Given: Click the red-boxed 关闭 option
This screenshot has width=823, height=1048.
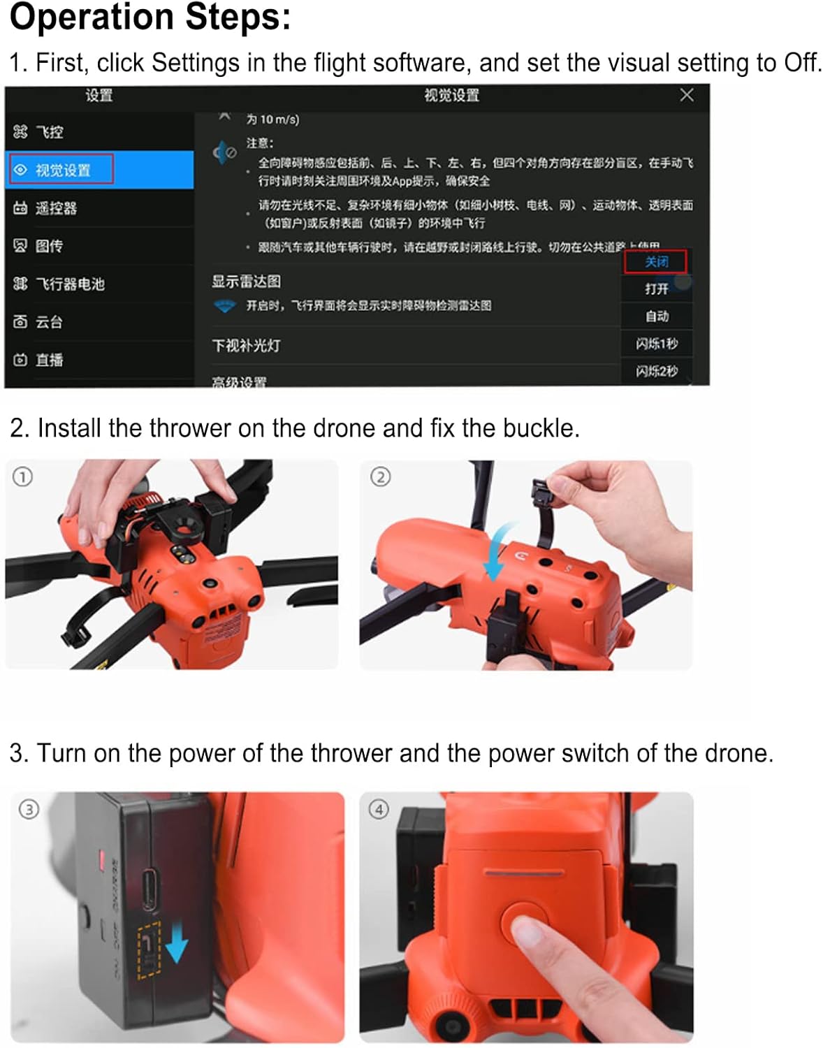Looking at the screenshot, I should (x=655, y=261).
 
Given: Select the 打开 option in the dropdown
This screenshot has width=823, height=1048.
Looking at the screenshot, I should (x=656, y=289).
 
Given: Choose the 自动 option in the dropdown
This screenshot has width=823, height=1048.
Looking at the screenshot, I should (x=656, y=316).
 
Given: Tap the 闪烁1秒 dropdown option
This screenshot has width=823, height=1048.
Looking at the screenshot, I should (x=656, y=343).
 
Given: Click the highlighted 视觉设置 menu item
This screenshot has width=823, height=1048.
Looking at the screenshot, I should (x=62, y=170).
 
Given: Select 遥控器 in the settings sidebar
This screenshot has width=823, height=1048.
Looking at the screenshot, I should (x=56, y=208).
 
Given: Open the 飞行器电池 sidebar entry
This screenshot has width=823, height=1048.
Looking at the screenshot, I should (x=69, y=284).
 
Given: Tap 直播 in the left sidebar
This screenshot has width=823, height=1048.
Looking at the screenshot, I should (x=49, y=359).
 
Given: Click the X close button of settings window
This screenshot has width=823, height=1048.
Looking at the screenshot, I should (x=686, y=95).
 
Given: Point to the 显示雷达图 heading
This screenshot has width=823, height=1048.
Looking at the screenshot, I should (x=246, y=281).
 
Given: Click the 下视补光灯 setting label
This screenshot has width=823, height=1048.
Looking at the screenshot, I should (x=246, y=345).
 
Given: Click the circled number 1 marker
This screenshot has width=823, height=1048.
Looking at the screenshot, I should (x=22, y=477).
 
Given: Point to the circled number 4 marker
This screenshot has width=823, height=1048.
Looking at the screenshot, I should (x=378, y=809).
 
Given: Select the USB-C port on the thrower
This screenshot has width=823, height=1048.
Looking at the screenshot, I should (x=150, y=890).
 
